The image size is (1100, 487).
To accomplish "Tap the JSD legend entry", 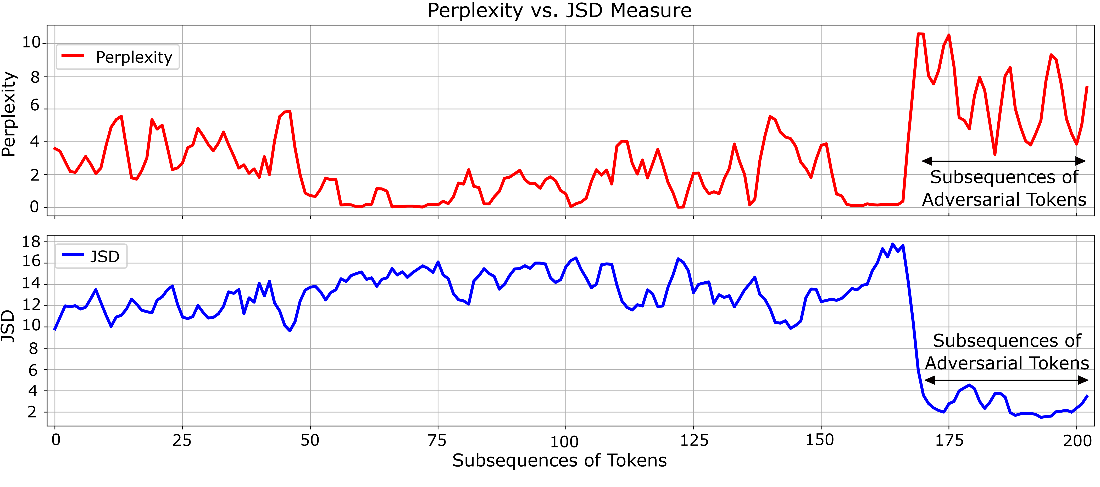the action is point(91,256).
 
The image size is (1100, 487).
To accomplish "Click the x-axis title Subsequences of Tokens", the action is point(559,461).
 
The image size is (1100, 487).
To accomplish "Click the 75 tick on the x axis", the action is point(437,440).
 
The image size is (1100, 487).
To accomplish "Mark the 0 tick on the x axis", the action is point(55,440).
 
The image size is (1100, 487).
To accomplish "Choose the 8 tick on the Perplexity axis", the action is point(35,77).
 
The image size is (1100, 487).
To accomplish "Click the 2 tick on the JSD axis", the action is point(32,412).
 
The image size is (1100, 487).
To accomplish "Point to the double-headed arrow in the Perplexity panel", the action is point(1003,161).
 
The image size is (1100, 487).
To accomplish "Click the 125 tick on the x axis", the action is point(693,440).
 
